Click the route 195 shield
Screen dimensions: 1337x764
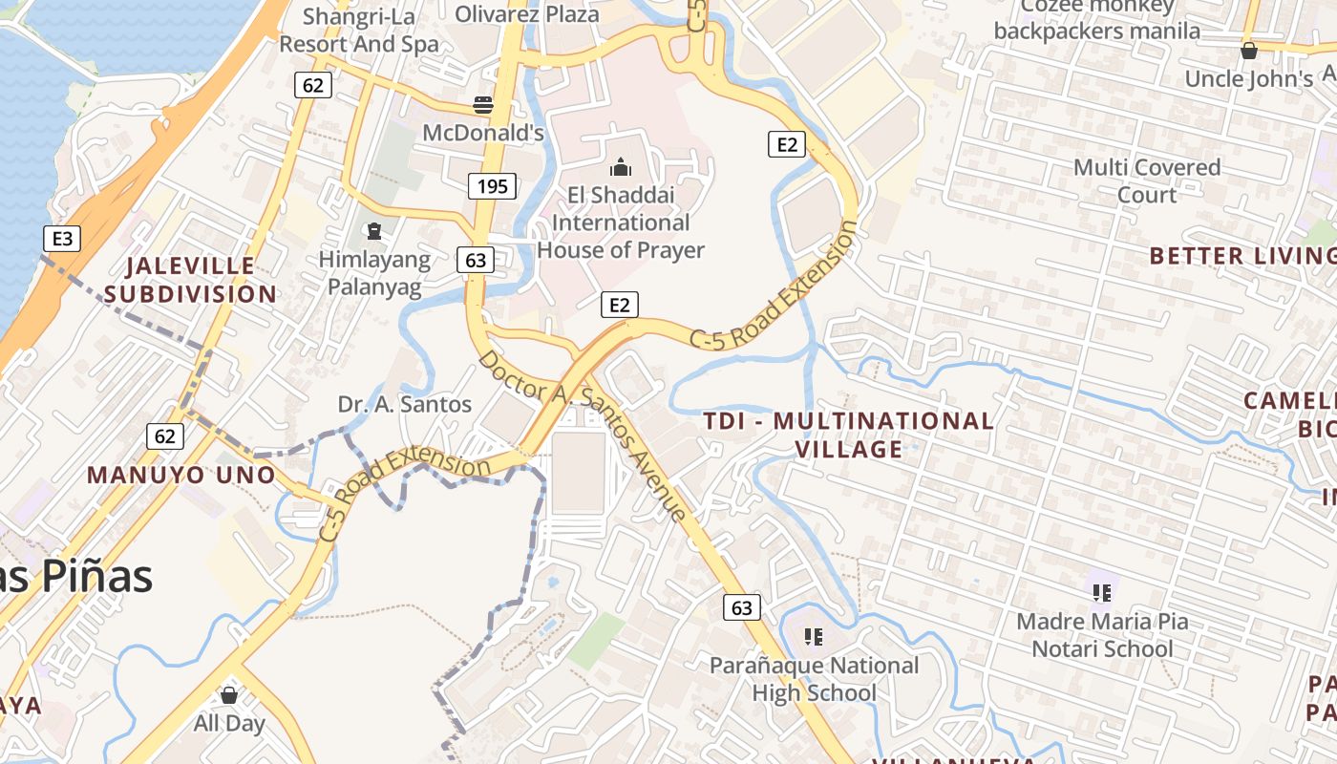(x=492, y=186)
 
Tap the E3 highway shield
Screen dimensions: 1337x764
(x=61, y=238)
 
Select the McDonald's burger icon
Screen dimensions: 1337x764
(x=484, y=104)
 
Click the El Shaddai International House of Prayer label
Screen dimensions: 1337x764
(x=621, y=223)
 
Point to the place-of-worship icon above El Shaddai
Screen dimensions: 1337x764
(x=621, y=168)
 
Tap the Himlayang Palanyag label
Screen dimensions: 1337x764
(x=374, y=273)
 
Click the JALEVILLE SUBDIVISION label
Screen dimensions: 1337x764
(x=190, y=279)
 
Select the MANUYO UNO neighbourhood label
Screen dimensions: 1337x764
(x=180, y=475)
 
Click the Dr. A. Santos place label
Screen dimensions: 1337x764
(x=405, y=404)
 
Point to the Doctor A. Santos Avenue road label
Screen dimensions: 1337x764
(x=583, y=435)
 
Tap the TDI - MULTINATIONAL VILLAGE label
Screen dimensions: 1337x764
(x=849, y=435)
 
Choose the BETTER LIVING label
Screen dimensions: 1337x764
(x=1241, y=255)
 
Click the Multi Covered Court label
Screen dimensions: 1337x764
(x=1147, y=180)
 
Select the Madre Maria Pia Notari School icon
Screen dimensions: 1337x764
(x=1102, y=593)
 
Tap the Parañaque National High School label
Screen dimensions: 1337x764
(x=814, y=679)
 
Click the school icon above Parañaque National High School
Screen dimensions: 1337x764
(x=814, y=636)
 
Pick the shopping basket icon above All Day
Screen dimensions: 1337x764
(x=228, y=694)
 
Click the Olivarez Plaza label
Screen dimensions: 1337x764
(x=527, y=13)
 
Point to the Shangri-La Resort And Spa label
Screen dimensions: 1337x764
(x=359, y=30)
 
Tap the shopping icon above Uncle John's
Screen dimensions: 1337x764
(x=1248, y=51)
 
